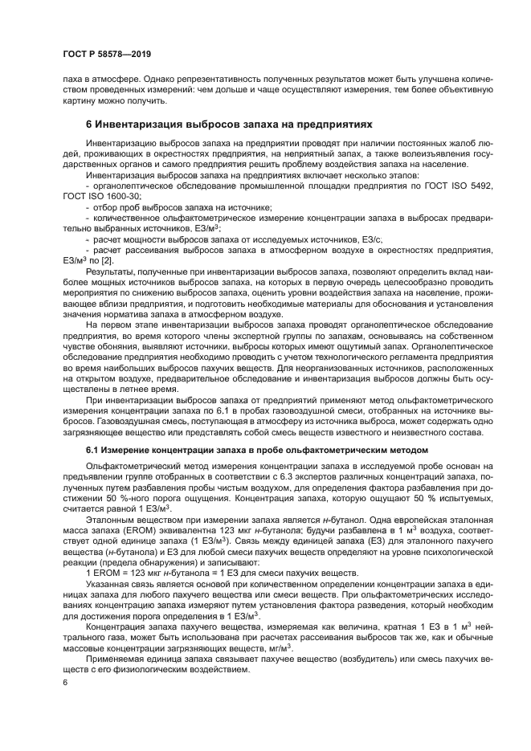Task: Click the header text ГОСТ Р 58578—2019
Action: coord(106,54)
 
